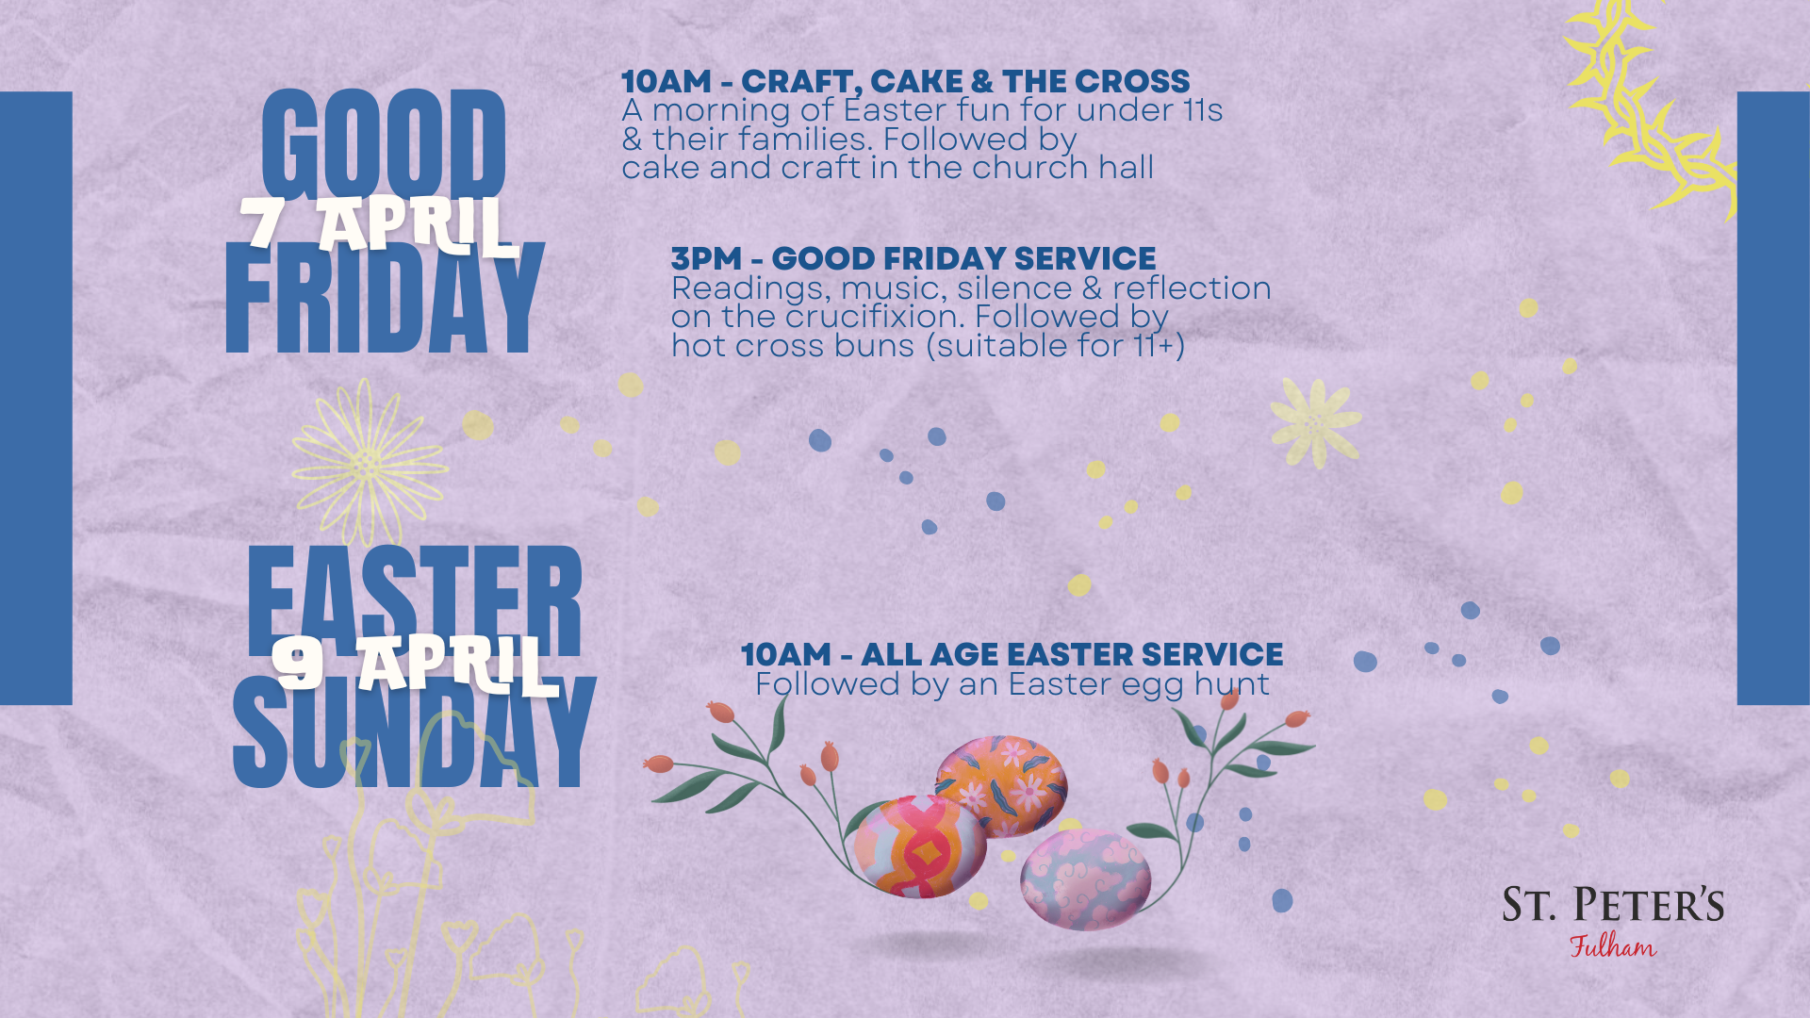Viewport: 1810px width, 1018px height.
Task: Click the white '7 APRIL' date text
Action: click(x=379, y=225)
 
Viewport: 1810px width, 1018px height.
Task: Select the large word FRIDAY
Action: click(x=385, y=298)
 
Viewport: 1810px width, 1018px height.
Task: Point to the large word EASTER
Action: click(x=415, y=600)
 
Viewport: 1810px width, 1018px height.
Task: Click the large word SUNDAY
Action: click(x=414, y=731)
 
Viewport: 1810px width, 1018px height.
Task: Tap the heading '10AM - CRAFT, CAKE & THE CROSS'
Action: click(x=905, y=81)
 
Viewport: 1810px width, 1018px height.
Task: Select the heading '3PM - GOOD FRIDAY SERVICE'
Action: click(x=913, y=258)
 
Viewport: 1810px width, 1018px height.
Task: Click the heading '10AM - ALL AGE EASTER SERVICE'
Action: click(x=1012, y=654)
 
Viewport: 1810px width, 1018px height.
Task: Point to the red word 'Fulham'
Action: click(x=1613, y=945)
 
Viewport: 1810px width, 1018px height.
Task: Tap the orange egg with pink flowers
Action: click(x=1001, y=786)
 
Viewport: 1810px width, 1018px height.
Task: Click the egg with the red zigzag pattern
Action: click(x=919, y=846)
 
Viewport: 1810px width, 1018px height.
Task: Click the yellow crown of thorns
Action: click(x=1650, y=108)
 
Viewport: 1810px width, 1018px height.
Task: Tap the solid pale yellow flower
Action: click(x=1315, y=423)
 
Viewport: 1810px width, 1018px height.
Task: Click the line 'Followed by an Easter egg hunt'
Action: click(x=1012, y=684)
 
